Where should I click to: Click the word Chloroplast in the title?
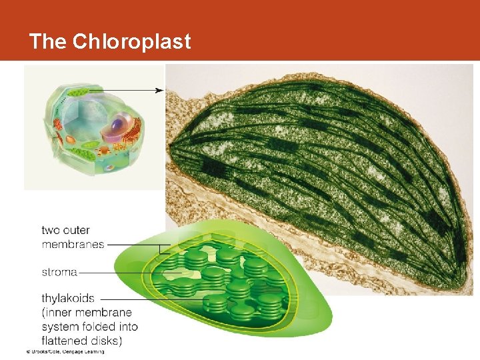(x=131, y=41)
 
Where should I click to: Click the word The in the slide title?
(x=48, y=41)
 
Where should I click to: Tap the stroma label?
(x=59, y=272)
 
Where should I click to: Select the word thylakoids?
(x=68, y=299)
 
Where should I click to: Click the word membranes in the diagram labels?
(x=73, y=244)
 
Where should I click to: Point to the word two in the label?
(x=51, y=231)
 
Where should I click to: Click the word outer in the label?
(x=76, y=231)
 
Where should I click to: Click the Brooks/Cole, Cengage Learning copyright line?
(x=65, y=351)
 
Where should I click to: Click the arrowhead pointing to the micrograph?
(x=160, y=90)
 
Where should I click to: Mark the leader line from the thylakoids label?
(x=133, y=299)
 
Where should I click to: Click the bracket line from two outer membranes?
(x=133, y=244)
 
